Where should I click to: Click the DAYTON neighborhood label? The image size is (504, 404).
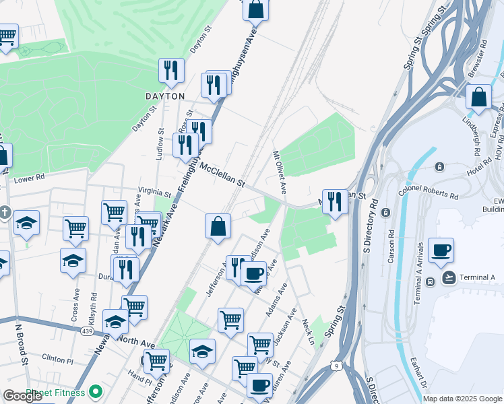point(165,96)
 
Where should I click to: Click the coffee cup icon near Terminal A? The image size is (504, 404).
point(441,250)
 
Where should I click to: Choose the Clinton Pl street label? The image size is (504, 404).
point(57,358)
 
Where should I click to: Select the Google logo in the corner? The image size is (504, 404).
point(22,396)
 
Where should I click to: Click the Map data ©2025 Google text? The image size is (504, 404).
point(462,399)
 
